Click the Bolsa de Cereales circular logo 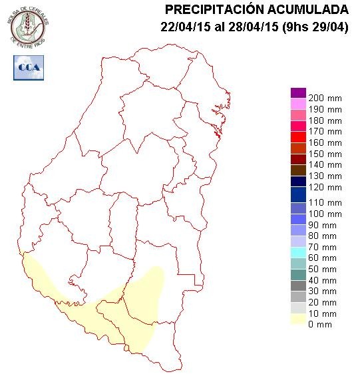pos(27,25)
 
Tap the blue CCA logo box pos(28,67)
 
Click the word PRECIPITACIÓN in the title pos(212,9)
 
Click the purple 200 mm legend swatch pos(298,93)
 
